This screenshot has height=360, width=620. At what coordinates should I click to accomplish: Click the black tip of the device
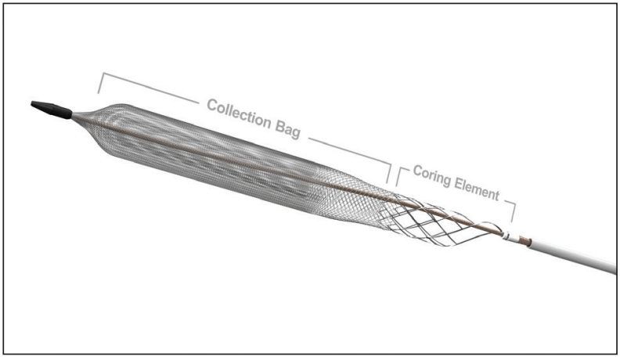click(51, 110)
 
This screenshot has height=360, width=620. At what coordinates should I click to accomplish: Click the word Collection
click(239, 114)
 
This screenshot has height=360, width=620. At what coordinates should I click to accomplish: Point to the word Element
click(477, 189)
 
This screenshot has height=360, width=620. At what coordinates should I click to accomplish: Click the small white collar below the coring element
click(510, 236)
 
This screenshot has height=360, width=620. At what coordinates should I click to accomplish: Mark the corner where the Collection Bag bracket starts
click(103, 74)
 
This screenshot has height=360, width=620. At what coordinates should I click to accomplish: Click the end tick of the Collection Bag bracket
click(388, 174)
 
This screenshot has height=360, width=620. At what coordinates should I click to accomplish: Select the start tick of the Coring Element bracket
click(398, 176)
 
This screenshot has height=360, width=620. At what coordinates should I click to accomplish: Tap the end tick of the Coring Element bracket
click(514, 212)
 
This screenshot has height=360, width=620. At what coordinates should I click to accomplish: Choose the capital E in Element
click(459, 183)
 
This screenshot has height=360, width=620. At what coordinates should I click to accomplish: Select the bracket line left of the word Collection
click(150, 88)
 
